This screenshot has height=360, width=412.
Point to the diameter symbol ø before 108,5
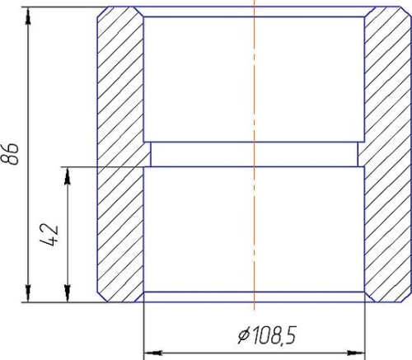[243, 336]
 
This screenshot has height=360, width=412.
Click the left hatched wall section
[120, 157]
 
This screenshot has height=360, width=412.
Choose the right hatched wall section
[386, 157]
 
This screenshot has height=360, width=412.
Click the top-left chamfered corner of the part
[101, 14]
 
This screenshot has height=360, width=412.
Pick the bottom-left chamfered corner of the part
[101, 297]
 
